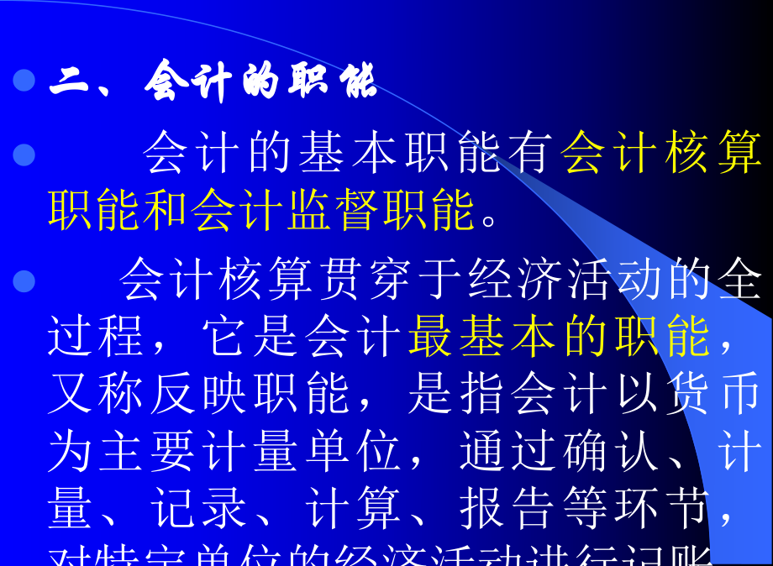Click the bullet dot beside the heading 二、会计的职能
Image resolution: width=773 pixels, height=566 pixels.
tap(24, 81)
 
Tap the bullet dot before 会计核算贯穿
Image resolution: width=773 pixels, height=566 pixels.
tap(24, 280)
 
